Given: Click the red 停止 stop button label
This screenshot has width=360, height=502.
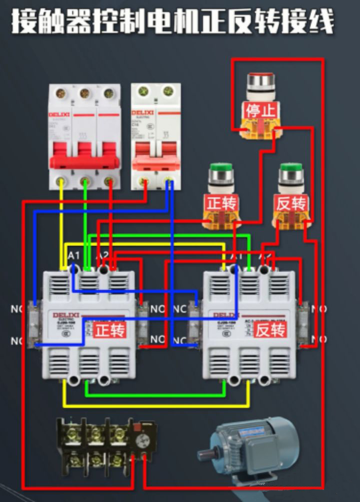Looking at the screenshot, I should [259, 110].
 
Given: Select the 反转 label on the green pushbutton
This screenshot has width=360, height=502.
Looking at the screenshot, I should [291, 203].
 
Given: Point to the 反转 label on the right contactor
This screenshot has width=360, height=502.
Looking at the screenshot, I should [270, 330].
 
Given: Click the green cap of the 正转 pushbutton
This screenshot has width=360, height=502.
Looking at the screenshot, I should [220, 168].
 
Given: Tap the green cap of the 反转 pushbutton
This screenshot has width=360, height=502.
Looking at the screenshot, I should [291, 168].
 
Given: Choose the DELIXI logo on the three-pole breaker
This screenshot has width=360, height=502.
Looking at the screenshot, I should [59, 114].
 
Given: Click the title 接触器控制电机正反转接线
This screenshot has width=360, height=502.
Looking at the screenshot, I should [172, 22].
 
